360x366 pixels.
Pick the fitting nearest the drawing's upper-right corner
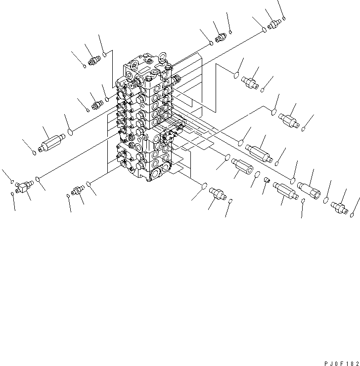pos(274,23)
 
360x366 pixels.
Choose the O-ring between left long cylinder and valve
pos(71,132)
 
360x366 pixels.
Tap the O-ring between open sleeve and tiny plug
pos(257,173)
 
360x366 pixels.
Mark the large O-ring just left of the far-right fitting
pos(326,199)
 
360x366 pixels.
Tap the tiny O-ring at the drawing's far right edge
pos(352,214)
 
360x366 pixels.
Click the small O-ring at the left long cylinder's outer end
pos(34,153)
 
